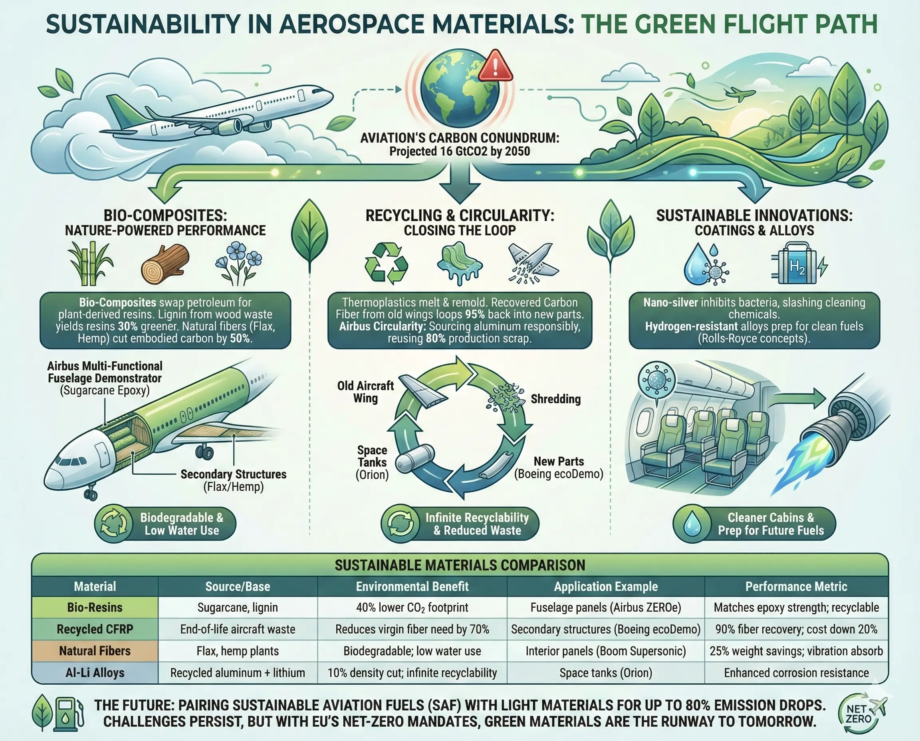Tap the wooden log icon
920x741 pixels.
click(x=165, y=264)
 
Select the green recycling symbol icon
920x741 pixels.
click(x=386, y=264)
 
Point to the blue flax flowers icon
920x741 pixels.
click(x=239, y=264)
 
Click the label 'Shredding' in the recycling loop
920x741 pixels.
click(x=555, y=399)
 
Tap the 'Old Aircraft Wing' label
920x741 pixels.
click(x=365, y=392)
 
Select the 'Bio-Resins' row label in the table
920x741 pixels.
click(x=95, y=607)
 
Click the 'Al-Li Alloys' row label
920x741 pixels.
click(x=95, y=673)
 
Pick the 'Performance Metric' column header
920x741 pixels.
click(x=796, y=586)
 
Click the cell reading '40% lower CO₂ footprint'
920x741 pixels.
click(x=412, y=607)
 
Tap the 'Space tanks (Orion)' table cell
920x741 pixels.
click(x=605, y=673)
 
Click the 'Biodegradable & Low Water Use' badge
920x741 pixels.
click(x=165, y=524)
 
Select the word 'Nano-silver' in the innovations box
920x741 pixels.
click(x=671, y=303)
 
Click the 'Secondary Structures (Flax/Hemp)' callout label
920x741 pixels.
click(x=233, y=480)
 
